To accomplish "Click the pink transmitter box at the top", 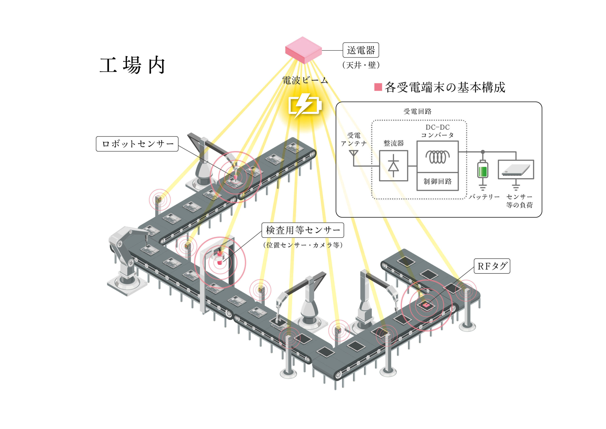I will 303,50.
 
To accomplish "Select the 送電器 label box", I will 361,50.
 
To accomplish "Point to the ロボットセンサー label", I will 137,144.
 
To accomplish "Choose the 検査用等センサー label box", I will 303,230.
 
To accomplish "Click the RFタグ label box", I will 492,266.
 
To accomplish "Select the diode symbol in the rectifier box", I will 393,166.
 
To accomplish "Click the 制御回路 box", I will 437,181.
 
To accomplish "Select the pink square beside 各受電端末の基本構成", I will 378,87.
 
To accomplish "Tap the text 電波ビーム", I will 305,80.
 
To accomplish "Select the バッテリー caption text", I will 484,197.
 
